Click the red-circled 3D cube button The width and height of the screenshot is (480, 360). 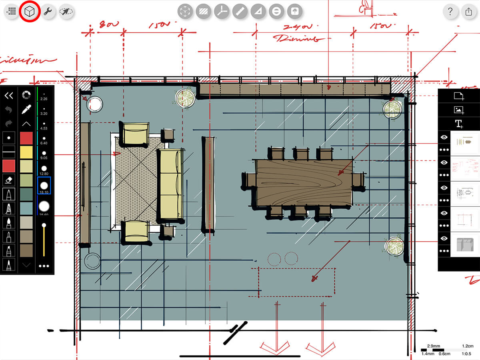click(29, 12)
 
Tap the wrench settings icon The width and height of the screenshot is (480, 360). click(48, 12)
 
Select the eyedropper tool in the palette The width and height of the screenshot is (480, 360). click(26, 109)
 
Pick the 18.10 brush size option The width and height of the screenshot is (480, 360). click(44, 186)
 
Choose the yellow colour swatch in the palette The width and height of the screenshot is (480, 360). click(26, 152)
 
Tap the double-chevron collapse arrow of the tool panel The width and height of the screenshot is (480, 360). click(8, 95)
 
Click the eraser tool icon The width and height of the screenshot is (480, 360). click(8, 180)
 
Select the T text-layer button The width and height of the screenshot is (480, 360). click(458, 123)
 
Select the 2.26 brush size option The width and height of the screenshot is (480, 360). click(44, 96)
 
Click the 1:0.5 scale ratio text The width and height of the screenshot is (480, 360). click(466, 354)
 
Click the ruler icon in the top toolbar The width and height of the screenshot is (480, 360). click(239, 12)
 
